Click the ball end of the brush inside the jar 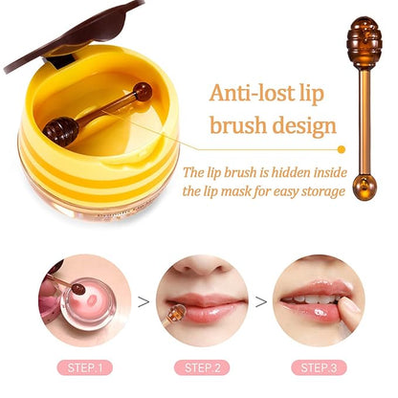[x=142, y=92]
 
